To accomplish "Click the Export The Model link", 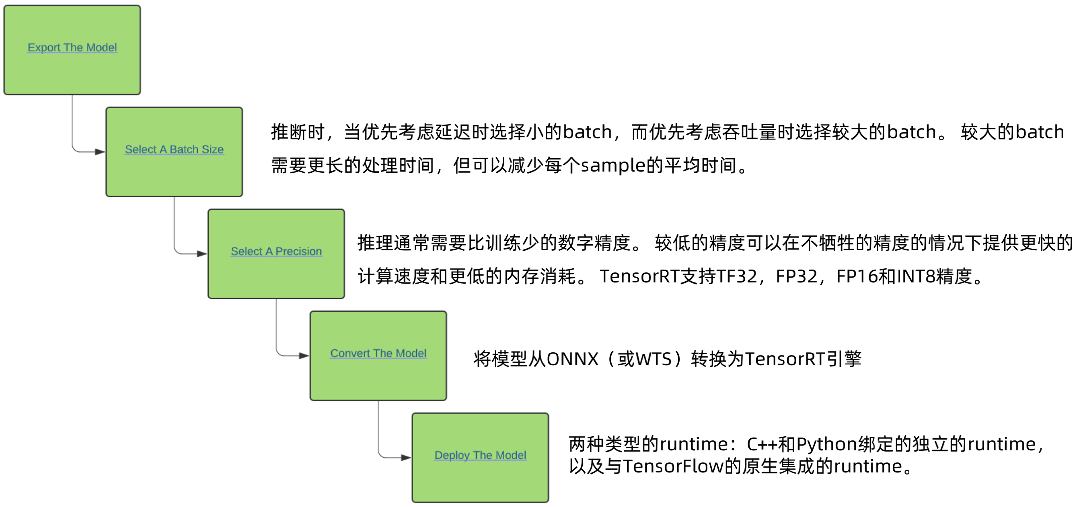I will (x=72, y=48).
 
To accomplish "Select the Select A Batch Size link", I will (x=174, y=150).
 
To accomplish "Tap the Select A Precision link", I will (x=276, y=251).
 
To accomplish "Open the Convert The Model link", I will (x=378, y=354).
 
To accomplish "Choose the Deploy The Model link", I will (x=480, y=456).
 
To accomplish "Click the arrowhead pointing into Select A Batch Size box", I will (x=100, y=152).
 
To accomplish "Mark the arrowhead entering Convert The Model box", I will (x=304, y=356).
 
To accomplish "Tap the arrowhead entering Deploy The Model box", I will (x=406, y=458).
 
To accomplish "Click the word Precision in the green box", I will (x=298, y=251).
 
